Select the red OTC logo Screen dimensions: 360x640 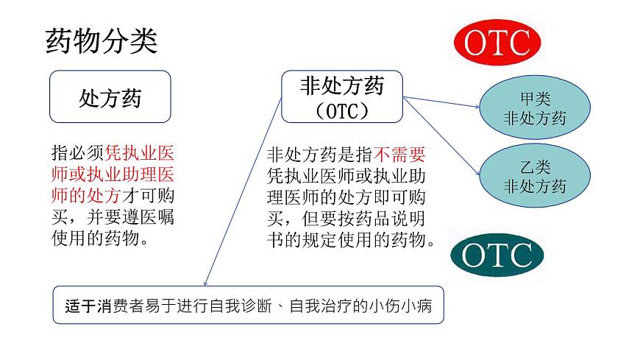pyautogui.click(x=497, y=43)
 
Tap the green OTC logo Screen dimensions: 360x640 pyautogui.click(x=497, y=255)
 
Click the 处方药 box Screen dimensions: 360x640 pyautogui.click(x=110, y=96)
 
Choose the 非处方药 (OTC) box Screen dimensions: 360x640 pyautogui.click(x=342, y=96)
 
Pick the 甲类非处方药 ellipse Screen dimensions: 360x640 pyautogui.click(x=535, y=108)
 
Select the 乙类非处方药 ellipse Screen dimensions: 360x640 pyautogui.click(x=535, y=177)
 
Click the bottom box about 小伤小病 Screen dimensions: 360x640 pyautogui.click(x=248, y=305)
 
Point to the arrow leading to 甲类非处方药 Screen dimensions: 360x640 pyautogui.click(x=441, y=101)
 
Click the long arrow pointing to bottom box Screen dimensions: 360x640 pyautogui.click(x=243, y=191)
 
